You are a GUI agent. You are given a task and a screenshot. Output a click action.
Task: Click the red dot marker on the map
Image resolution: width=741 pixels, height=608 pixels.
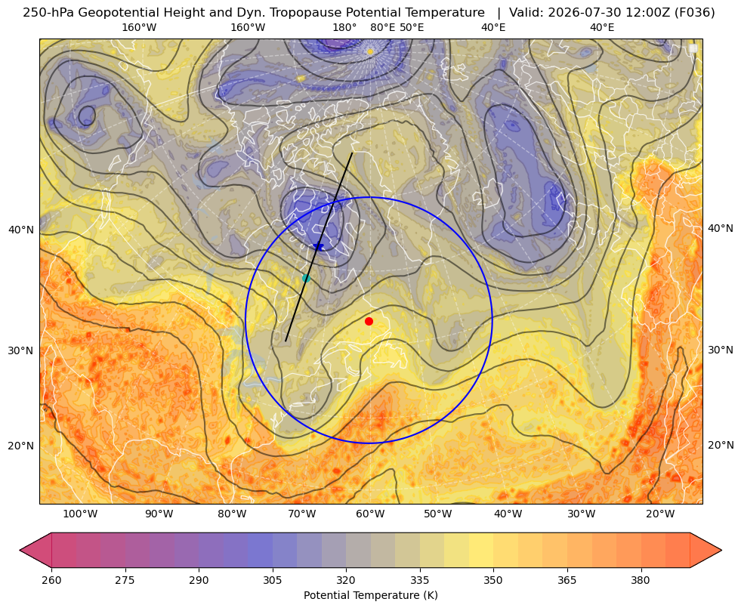pos(369,321)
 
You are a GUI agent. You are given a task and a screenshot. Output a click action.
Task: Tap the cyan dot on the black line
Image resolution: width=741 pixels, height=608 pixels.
pos(306,279)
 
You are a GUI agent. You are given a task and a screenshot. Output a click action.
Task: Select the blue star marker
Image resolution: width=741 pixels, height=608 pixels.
pos(319,247)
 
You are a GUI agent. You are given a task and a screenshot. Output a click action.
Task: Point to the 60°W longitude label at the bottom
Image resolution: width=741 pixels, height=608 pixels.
pos(369,514)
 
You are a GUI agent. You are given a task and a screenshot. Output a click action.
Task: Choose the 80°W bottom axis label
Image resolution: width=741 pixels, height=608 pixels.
pos(232,514)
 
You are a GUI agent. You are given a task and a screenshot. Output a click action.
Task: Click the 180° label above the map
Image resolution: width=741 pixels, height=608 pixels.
pos(344,27)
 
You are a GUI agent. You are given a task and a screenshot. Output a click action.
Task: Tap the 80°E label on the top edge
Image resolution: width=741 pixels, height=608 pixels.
pos(383,27)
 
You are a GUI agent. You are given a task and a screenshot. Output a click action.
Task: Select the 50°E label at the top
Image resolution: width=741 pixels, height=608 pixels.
pos(412,27)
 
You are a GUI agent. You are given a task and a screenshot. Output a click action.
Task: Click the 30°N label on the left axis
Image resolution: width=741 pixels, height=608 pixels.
pos(21,350)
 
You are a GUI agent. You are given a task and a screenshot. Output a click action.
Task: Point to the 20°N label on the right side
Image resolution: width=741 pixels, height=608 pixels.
pos(721,445)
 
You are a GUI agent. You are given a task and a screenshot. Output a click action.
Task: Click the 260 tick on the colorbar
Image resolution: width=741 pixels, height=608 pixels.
pos(51,580)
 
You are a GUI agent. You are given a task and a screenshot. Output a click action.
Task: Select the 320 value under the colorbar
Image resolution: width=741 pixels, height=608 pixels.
pos(346,580)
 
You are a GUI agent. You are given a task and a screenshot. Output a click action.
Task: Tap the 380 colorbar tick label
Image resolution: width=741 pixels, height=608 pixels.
pos(641,580)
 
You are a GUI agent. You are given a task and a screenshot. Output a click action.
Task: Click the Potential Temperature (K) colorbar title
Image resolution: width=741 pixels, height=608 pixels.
pos(370,595)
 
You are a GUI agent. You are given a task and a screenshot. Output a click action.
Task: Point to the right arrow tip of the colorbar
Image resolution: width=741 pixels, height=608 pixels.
pos(721,550)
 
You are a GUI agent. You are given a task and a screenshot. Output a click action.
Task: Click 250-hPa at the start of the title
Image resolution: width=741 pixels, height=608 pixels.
pos(48,13)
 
